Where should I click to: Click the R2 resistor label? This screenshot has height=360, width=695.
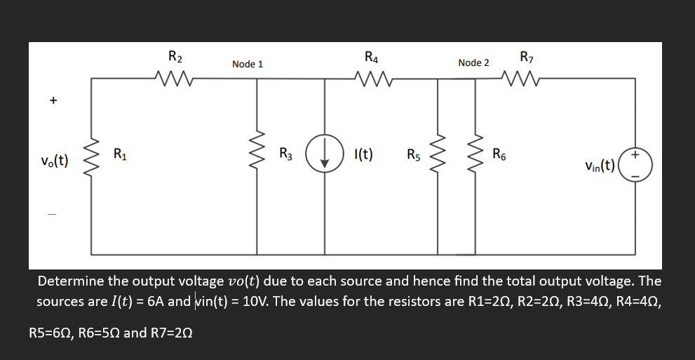175,55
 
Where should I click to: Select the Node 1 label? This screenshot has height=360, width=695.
248,64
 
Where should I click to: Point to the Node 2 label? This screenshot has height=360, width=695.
473,62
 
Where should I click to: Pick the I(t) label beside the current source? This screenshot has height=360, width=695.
363,154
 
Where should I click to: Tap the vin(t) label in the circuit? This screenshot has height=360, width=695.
599,166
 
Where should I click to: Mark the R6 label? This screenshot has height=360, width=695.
500,154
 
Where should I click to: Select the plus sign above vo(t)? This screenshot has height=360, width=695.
53,101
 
